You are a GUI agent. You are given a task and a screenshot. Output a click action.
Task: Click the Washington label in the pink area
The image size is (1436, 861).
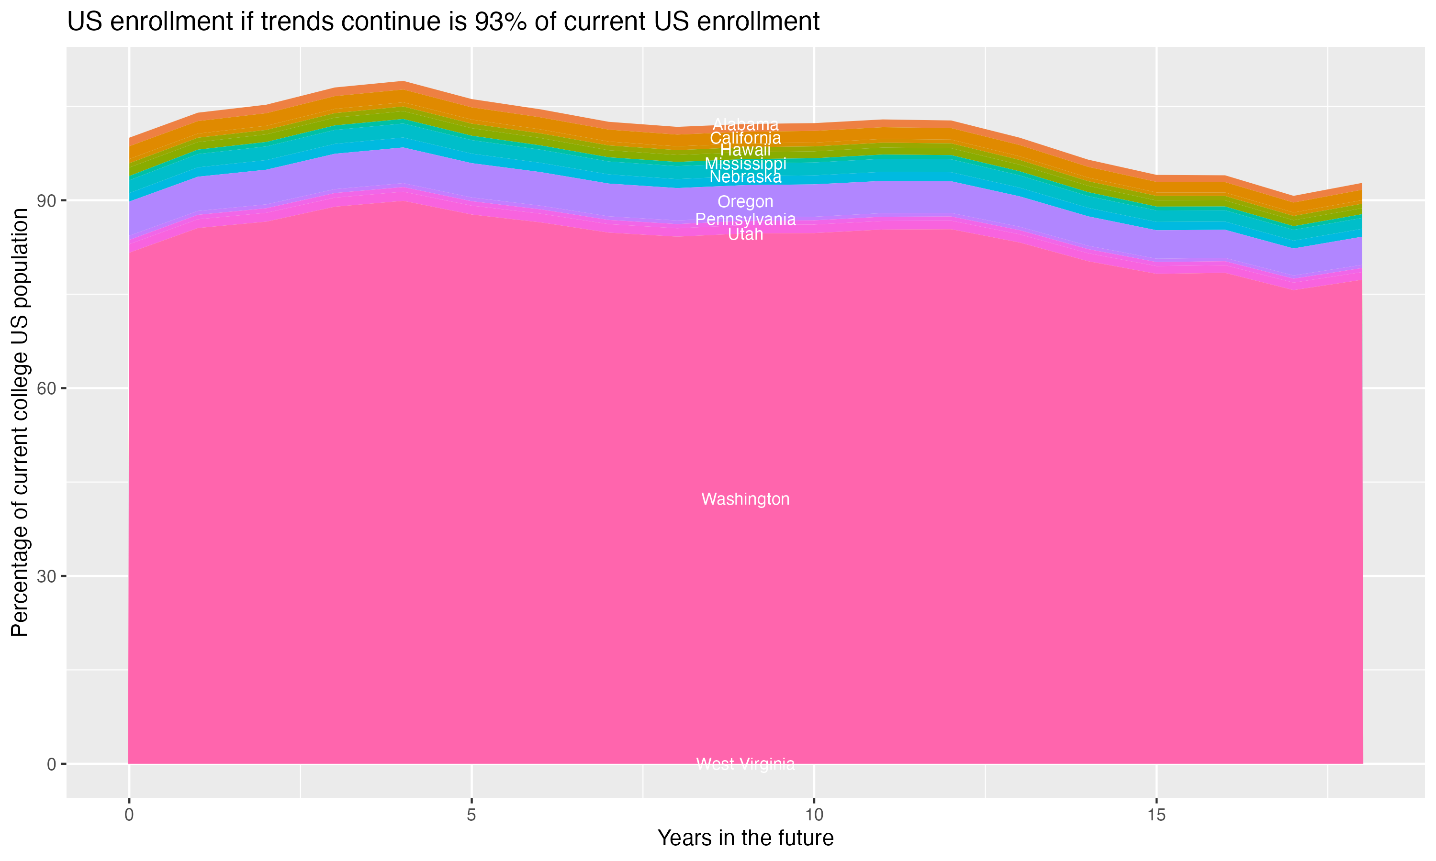pos(745,499)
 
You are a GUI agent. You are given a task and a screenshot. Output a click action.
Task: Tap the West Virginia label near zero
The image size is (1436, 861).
pos(745,764)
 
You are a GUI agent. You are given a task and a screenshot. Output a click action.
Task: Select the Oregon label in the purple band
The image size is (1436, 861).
pos(745,202)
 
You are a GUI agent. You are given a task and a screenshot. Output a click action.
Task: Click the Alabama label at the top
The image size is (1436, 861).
pos(745,124)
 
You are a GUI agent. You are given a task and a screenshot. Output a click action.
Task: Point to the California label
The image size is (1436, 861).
pos(745,138)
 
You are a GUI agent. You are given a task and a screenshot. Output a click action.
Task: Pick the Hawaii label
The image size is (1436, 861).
pos(745,150)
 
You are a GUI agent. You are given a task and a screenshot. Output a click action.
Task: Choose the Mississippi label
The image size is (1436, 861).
pos(745,164)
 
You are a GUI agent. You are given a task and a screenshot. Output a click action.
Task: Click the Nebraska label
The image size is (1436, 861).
pos(745,177)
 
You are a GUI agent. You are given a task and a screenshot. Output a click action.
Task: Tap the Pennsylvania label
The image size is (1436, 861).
pos(745,219)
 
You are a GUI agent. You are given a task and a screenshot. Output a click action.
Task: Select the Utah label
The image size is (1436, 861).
pos(745,234)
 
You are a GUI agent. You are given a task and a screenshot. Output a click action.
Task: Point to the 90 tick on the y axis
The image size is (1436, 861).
pos(46,201)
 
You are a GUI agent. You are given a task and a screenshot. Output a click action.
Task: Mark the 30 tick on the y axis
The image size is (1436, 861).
pos(46,576)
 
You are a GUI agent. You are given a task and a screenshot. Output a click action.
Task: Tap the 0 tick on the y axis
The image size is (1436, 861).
pos(52,764)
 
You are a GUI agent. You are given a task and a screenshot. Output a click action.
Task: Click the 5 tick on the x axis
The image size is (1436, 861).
pos(471,815)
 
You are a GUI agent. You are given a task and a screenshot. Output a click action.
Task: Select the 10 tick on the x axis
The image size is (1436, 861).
pos(814,815)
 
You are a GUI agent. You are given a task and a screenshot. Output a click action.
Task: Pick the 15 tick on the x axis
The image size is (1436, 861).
pos(1157,815)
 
